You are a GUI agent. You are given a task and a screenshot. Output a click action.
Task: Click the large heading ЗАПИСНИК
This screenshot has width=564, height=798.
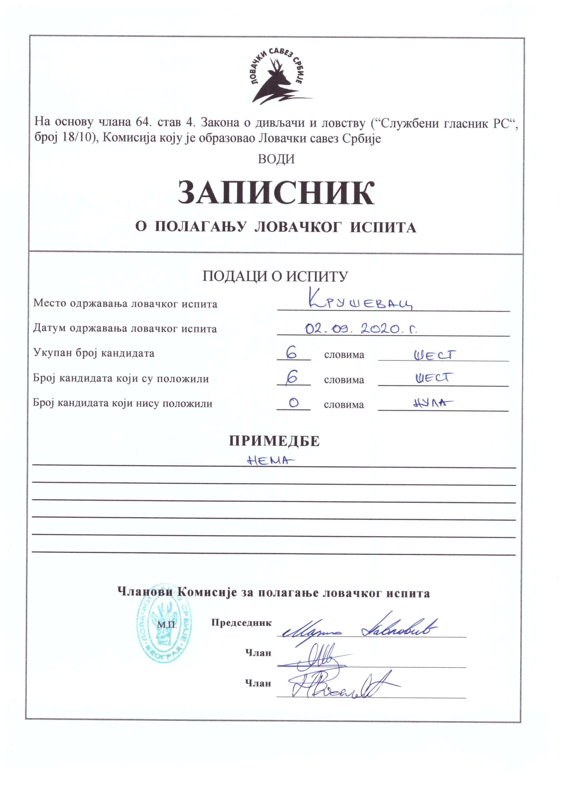pos(276,193)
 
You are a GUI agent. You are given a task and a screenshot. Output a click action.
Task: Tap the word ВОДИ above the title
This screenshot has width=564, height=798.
pos(276,159)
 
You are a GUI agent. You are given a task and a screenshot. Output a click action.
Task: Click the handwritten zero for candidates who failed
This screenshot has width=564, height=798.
pos(293,403)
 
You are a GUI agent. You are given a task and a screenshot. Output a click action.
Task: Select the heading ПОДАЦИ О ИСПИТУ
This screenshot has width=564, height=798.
pos(275,276)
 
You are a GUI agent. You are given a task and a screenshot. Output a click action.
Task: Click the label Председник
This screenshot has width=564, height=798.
pos(241,623)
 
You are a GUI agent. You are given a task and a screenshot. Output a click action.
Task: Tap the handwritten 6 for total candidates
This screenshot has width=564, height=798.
pos(292,353)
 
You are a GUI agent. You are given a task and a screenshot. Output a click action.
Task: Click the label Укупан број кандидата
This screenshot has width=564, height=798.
pos(94,353)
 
